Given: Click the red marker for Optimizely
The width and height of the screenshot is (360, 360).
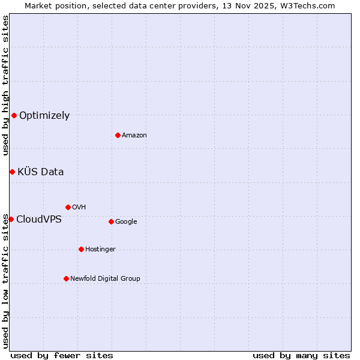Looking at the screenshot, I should click(14, 115).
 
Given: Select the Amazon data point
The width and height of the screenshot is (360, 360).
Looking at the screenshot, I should click(118, 135).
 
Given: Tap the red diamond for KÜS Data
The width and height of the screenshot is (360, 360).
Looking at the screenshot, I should click(12, 172).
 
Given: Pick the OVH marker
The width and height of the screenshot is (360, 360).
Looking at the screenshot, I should click(68, 207).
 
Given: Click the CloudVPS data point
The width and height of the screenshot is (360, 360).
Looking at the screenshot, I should click(11, 219).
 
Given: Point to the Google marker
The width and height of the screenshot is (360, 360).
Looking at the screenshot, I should click(111, 221).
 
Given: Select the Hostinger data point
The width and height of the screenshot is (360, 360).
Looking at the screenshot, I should click(81, 249).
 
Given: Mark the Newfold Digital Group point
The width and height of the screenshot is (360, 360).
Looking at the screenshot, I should click(66, 278).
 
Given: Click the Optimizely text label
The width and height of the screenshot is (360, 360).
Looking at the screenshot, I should click(44, 116).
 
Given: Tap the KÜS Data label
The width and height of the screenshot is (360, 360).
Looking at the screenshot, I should click(40, 172).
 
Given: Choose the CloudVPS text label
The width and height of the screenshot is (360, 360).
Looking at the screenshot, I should click(38, 220).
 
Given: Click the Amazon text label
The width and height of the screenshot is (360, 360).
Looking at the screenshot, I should click(134, 136).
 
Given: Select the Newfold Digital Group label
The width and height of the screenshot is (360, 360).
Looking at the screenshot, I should click(105, 278).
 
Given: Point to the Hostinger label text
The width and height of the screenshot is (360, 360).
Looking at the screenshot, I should click(100, 250).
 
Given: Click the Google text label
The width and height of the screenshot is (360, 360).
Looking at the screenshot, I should click(126, 222).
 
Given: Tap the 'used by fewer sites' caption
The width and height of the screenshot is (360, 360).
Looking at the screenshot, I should click(61, 355).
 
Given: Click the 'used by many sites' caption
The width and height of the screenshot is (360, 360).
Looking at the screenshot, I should click(301, 355).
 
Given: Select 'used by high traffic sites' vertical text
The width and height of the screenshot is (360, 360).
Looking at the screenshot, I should click(5, 85).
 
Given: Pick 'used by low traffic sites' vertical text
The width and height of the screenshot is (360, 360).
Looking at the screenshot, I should click(5, 281).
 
